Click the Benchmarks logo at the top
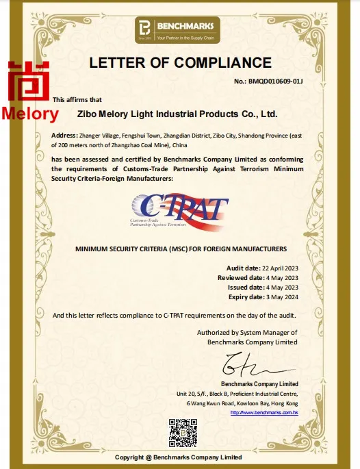(180, 28)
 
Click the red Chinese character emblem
(29, 81)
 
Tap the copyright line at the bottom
(178, 457)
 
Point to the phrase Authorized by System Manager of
(247, 332)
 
